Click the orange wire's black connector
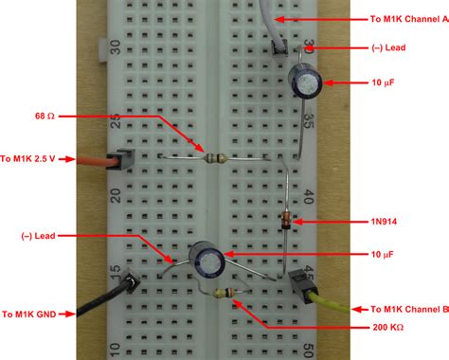click(x=117, y=162)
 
